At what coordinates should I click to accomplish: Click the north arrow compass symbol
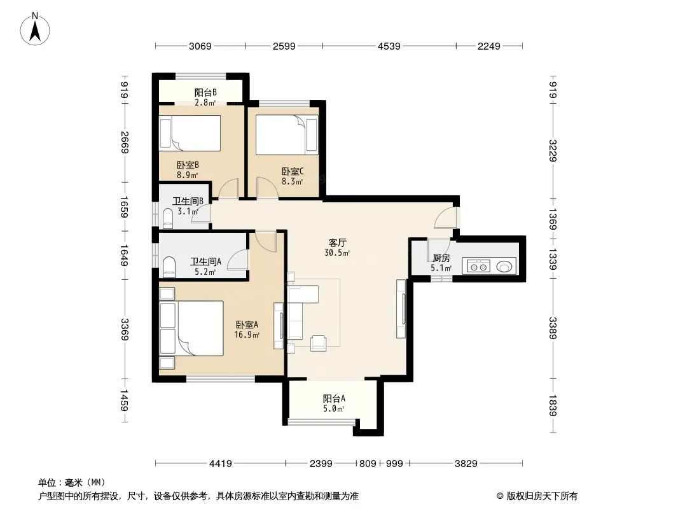pos(35,29)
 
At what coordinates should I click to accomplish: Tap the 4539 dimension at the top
pos(389,46)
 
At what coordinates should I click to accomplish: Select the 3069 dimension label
pos(200,46)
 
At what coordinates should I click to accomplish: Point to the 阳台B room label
pos(205,92)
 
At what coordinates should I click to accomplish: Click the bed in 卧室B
pos(190,133)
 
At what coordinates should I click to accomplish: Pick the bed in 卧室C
pos(287,134)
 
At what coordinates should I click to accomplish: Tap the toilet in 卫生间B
pos(168,218)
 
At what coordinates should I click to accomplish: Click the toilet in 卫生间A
pos(169,267)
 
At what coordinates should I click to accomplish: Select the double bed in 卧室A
pos(191,329)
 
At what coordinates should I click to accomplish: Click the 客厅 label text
pos(337,242)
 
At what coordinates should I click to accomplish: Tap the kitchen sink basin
pos(504,266)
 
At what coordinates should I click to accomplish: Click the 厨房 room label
pos(441,258)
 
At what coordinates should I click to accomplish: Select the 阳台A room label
pos(334,398)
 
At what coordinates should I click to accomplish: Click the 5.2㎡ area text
pos(205,272)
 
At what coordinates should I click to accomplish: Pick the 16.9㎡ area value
pos(247,335)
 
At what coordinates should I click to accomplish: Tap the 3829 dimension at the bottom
pos(466,464)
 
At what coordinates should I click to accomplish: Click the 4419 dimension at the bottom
pos(221,464)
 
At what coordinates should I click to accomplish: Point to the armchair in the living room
pos(319,343)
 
